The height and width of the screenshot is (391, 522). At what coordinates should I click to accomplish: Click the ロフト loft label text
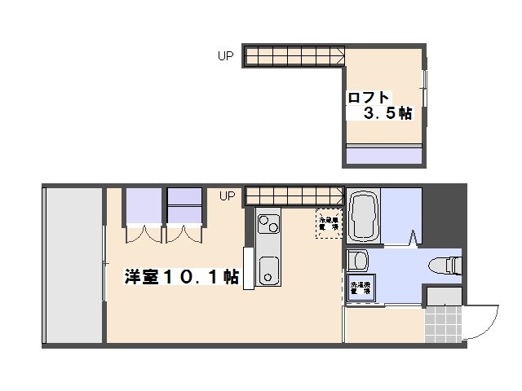(369, 98)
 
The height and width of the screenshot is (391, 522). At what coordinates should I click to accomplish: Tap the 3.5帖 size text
(387, 115)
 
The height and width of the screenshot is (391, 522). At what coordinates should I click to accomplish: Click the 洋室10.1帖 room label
(181, 277)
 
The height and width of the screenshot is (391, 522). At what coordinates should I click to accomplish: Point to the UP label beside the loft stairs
(225, 56)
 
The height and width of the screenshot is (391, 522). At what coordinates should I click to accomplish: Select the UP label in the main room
(227, 195)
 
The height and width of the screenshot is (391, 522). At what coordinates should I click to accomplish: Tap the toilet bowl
(444, 264)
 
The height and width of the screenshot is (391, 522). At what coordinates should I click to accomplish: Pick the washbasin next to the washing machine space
(358, 261)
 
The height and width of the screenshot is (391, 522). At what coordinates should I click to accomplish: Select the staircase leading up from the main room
(292, 195)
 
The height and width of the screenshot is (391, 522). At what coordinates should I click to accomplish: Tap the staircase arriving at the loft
(294, 56)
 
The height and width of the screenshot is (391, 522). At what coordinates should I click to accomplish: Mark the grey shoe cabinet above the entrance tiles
(445, 296)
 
